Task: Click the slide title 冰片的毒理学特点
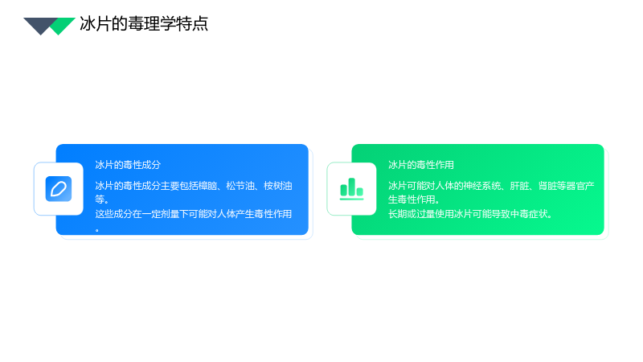coord(144,24)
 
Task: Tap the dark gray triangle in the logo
coord(39,25)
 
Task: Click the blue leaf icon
coord(59,189)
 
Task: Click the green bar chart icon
coord(351,189)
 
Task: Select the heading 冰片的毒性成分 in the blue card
coord(128,165)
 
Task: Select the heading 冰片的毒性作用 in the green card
coord(420,165)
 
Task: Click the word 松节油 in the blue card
coord(240,186)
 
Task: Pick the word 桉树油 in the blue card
coord(277,186)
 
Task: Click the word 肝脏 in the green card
coord(519,186)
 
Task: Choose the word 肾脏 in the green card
coord(547,186)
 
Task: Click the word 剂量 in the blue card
coord(170,214)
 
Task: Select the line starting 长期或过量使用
coord(470,214)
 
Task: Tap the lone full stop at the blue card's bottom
coord(97,230)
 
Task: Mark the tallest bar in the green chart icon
coord(351,187)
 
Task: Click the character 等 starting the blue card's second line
coord(100,200)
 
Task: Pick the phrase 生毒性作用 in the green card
coord(412,200)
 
